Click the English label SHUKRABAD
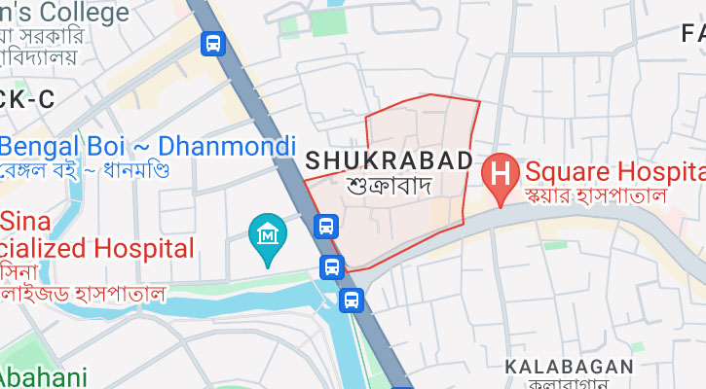tap(389, 159)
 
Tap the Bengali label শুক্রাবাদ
tap(389, 184)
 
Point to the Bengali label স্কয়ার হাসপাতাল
tap(594, 195)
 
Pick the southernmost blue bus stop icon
tap(351, 301)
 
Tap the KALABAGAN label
tap(569, 367)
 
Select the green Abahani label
tap(44, 377)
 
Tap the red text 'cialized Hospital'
tap(96, 246)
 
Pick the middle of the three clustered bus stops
tap(332, 266)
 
